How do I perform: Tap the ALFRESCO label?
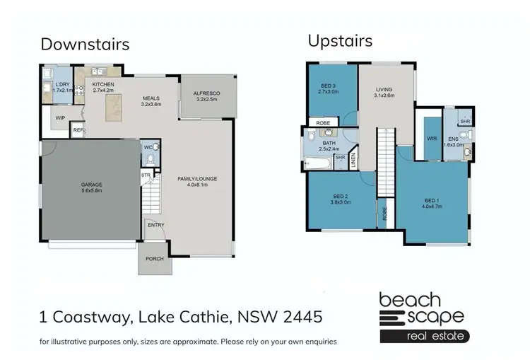click(206, 93)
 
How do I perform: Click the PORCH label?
click(154, 258)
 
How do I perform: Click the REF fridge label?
click(78, 130)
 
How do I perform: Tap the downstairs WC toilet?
click(155, 151)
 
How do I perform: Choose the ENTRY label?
click(155, 225)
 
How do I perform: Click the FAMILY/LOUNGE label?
click(196, 178)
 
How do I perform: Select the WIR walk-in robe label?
click(432, 138)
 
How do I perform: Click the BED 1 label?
click(431, 202)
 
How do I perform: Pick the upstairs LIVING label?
click(384, 90)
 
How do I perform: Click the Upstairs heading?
click(340, 40)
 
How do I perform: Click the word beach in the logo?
click(410, 300)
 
